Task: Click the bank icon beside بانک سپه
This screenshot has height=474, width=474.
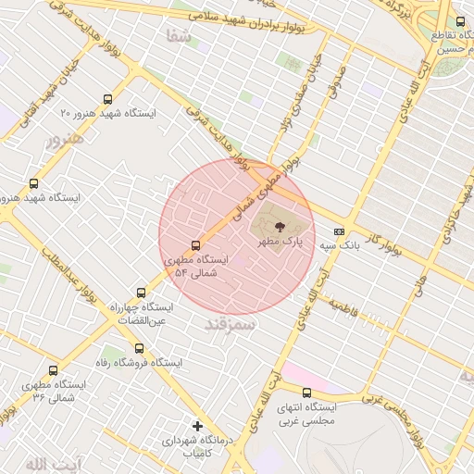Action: point(340,231)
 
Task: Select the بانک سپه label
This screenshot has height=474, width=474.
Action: point(340,246)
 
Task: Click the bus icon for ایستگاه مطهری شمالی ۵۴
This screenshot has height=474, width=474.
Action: point(195,245)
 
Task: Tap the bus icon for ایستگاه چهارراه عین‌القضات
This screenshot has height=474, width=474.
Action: point(141,292)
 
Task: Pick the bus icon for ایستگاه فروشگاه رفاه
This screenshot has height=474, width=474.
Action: point(139,348)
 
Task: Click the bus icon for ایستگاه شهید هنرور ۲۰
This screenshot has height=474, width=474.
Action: point(108,99)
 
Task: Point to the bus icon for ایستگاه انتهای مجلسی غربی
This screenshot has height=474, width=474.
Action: point(306,393)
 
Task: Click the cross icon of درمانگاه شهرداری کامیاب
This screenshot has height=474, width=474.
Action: point(196,426)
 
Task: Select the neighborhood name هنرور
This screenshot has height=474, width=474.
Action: point(65,140)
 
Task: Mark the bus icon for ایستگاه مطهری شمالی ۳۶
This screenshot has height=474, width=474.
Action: point(53,370)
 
